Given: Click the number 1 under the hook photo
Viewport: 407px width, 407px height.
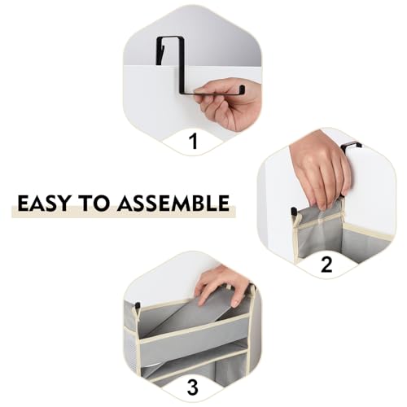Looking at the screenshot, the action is (193, 142).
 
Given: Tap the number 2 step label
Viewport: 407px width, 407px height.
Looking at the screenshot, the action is (326, 265).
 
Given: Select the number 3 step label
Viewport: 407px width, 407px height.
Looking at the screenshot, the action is (192, 387).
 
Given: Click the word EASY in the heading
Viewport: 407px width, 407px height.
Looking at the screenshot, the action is (43, 203).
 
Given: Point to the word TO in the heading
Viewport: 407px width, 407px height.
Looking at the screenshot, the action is (93, 203).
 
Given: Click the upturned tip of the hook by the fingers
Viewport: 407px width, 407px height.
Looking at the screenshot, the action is (243, 89).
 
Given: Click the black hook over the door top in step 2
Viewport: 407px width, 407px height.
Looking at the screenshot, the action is (351, 146).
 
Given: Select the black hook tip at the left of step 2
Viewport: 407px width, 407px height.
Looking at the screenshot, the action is (293, 211).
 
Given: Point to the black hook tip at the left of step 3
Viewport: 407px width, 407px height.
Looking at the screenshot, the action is (138, 305).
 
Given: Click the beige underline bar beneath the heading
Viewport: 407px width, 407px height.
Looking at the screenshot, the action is (124, 212).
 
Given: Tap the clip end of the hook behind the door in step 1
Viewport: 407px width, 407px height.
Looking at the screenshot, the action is (160, 51).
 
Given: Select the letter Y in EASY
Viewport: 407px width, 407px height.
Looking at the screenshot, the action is (63, 203).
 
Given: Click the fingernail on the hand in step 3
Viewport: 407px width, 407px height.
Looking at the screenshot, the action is (235, 303).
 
